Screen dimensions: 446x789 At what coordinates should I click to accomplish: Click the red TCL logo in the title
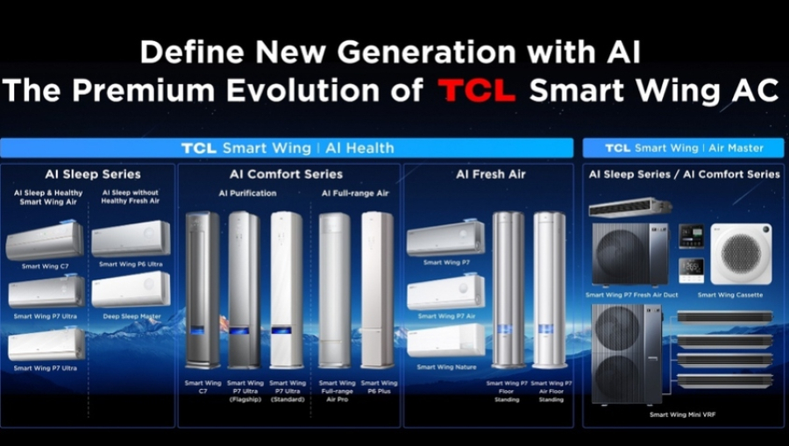pyautogui.click(x=477, y=90)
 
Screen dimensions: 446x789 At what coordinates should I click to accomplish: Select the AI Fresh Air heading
pyautogui.click(x=491, y=174)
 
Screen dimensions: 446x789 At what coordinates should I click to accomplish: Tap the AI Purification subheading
pyautogui.click(x=247, y=193)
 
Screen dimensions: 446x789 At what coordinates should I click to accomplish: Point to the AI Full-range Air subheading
pyautogui.click(x=355, y=193)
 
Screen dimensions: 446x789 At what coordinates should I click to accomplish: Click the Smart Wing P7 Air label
pyautogui.click(x=445, y=316)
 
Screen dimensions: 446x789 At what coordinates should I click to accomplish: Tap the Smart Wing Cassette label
pyautogui.click(x=730, y=295)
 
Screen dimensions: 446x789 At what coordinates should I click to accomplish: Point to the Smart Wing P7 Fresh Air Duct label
pyautogui.click(x=630, y=295)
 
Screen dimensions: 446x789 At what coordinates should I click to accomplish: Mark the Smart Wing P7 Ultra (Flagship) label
pyautogui.click(x=245, y=392)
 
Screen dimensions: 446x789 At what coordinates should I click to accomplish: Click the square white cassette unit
pyautogui.click(x=741, y=253)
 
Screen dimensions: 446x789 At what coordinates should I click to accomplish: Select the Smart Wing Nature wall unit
pyautogui.click(x=445, y=340)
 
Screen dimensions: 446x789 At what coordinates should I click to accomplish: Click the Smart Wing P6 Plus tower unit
pyautogui.click(x=378, y=289)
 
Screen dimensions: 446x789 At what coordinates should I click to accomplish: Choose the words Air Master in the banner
pyautogui.click(x=734, y=148)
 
